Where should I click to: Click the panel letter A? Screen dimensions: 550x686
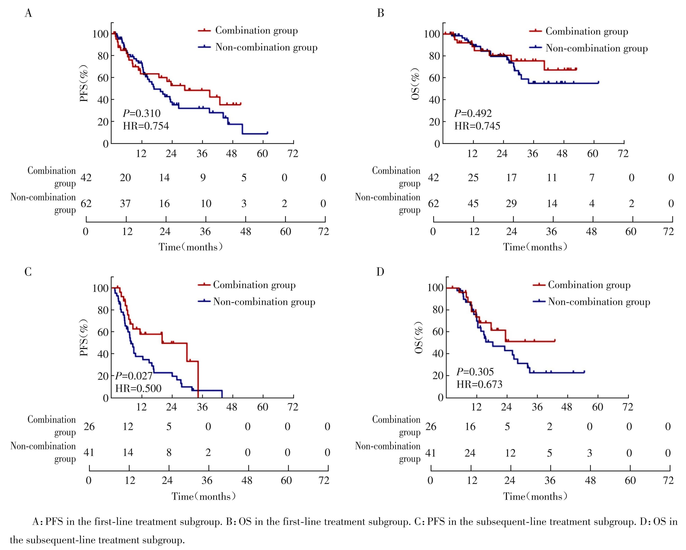[x=28, y=13]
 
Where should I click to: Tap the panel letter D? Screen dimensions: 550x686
[x=380, y=272]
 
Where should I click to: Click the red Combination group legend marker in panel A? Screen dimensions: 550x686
[x=204, y=30]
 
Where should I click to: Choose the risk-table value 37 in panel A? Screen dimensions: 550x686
[x=125, y=203]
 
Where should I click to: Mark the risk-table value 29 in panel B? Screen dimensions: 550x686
[x=511, y=203]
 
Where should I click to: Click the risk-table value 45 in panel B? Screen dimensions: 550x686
[x=473, y=203]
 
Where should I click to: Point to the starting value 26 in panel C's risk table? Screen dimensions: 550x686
[x=89, y=426]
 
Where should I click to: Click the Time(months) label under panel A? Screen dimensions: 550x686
[x=191, y=247]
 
